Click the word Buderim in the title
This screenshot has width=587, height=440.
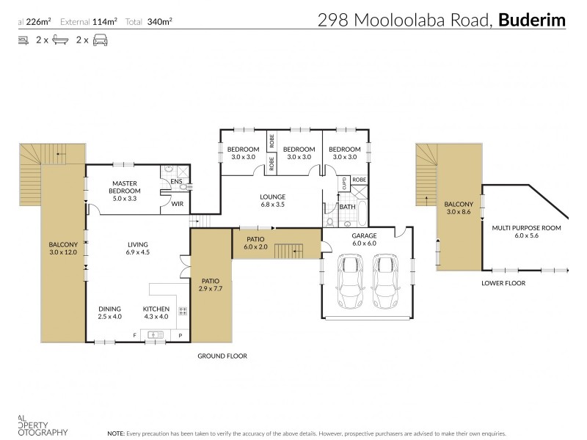click(x=532, y=20)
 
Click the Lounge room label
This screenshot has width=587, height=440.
click(x=272, y=197)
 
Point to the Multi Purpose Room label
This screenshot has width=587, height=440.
click(x=526, y=228)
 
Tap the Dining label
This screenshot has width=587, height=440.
click(x=109, y=309)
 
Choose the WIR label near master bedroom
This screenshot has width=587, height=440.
click(x=177, y=204)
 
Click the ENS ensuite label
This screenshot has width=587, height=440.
click(x=176, y=180)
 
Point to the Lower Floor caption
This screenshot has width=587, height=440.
click(x=503, y=282)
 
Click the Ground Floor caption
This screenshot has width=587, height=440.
click(x=222, y=356)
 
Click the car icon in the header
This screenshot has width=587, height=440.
click(x=101, y=40)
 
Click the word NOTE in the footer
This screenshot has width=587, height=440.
click(x=116, y=433)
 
